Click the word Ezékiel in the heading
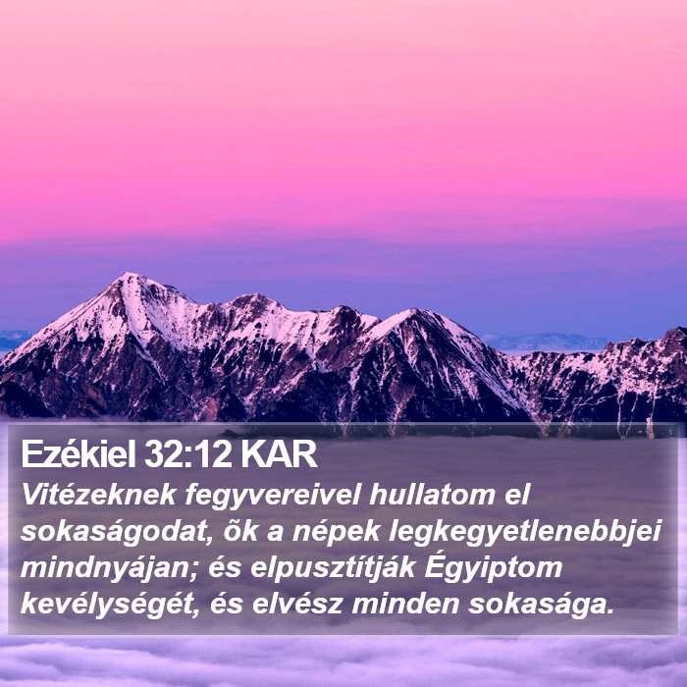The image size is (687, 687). tap(79, 453)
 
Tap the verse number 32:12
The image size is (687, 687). tap(187, 454)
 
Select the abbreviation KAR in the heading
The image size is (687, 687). tap(279, 454)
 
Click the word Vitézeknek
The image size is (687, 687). tap(98, 495)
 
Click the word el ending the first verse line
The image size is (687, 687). tap(517, 495)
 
